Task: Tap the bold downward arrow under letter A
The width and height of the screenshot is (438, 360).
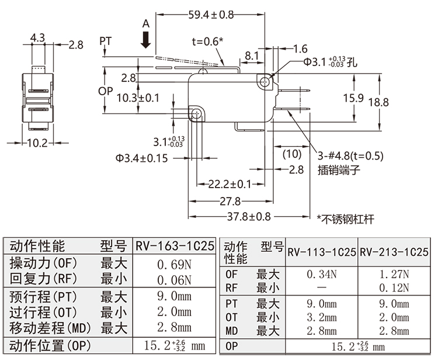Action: [146, 40]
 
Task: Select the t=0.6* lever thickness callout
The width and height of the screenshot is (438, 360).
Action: [208, 41]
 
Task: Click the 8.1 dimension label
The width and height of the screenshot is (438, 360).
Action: [252, 56]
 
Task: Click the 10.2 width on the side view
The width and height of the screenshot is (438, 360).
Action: [37, 143]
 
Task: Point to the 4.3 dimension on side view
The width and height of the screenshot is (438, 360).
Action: [38, 37]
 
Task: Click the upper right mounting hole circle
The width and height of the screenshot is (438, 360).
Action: [266, 82]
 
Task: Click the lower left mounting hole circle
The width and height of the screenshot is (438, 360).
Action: [197, 112]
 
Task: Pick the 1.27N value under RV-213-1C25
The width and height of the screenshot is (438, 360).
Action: [395, 274]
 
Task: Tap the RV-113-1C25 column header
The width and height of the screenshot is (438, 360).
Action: [321, 252]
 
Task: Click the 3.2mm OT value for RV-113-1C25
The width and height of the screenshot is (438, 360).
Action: [321, 317]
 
